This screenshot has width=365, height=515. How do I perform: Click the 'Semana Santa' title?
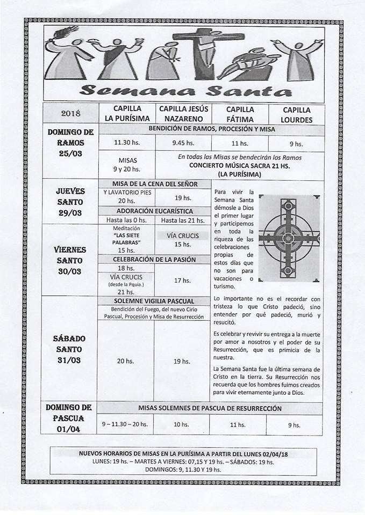[x=185, y=90]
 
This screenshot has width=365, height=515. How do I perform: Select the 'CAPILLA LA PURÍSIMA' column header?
[x=127, y=114]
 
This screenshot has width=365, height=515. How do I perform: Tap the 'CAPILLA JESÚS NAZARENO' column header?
[x=183, y=114]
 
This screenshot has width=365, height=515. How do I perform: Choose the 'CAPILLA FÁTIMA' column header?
[x=240, y=114]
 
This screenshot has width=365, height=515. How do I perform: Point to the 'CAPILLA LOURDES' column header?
[x=296, y=114]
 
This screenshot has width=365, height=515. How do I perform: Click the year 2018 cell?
[x=71, y=113]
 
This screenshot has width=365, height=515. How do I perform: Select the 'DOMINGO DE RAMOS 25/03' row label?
[x=70, y=143]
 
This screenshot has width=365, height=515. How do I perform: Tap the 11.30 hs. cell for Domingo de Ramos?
[x=127, y=143]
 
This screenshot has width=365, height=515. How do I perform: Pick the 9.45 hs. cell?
[x=183, y=143]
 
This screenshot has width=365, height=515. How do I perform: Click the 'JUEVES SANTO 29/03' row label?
[x=70, y=202]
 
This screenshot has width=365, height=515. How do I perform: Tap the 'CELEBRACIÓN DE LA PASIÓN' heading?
[x=154, y=259]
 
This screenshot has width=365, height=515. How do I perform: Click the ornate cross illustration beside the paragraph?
[x=289, y=238]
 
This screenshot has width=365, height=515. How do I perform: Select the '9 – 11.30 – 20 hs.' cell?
[x=125, y=424]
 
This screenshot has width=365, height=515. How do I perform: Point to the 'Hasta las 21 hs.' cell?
[x=183, y=220]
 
